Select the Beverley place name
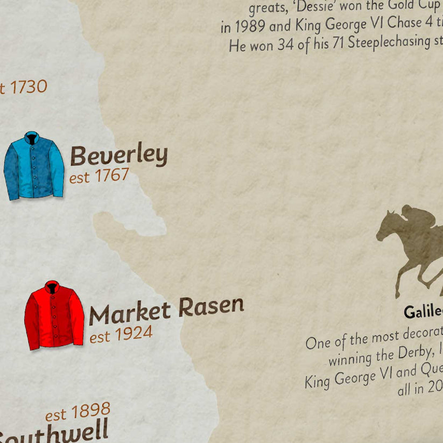coord(119,156)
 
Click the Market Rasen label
coord(166,311)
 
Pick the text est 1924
coord(121,334)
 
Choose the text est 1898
coord(78,412)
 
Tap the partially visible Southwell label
coord(54,432)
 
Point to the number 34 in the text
coord(285,45)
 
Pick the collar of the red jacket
coord(52,287)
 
